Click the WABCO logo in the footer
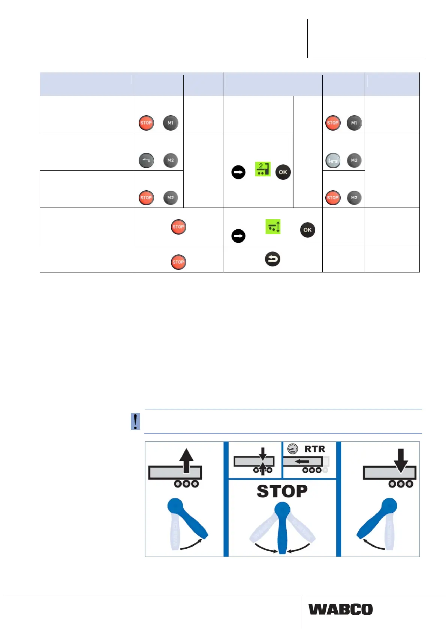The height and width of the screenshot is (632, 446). (341, 609)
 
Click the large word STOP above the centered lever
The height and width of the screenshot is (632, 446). (282, 491)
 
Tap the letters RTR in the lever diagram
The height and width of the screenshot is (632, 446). (314, 449)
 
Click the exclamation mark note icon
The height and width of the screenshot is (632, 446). (135, 421)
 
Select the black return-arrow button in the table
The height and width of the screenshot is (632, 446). (272, 259)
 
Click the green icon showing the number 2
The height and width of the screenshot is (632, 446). (262, 169)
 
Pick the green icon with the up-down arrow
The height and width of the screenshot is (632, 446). (273, 227)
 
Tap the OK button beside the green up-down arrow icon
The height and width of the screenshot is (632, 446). (307, 230)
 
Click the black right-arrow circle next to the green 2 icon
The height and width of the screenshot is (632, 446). (238, 172)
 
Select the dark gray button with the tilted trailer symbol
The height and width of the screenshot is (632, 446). (146, 160)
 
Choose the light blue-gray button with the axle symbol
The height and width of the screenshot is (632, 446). (333, 160)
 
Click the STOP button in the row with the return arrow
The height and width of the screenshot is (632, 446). (178, 262)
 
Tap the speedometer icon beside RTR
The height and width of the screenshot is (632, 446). (292, 448)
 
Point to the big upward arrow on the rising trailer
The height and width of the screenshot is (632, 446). (186, 460)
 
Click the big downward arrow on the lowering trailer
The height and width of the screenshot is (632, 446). (401, 460)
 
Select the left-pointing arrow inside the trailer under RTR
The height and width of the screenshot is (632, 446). (302, 462)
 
